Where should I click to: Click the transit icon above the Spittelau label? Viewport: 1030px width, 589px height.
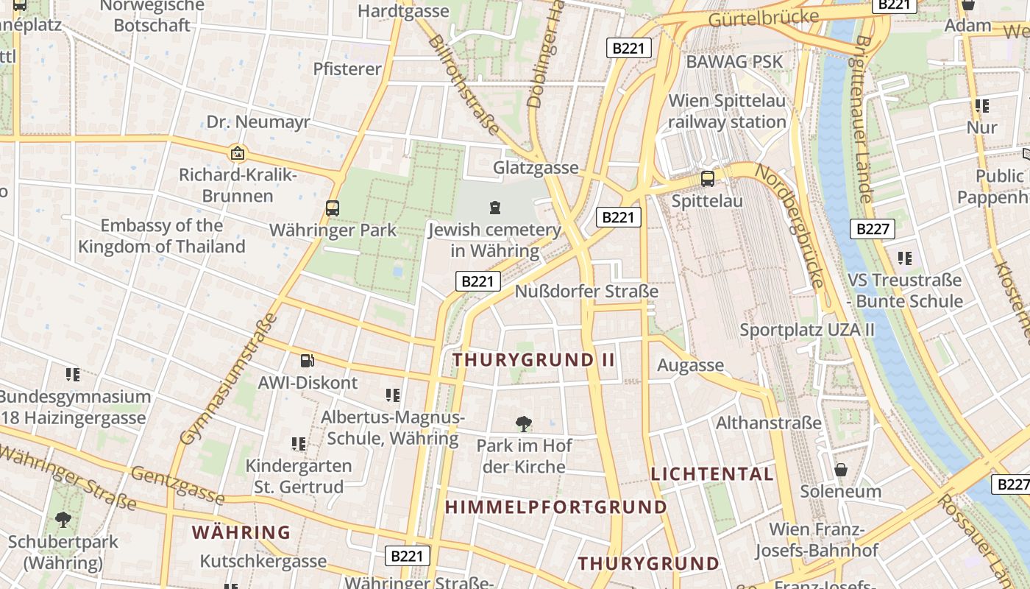click(708, 179)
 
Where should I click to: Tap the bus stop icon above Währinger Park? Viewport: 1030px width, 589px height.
click(333, 208)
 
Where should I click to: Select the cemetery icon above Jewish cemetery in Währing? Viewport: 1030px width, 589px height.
click(495, 208)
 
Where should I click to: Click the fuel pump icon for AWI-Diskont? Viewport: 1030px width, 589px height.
click(307, 361)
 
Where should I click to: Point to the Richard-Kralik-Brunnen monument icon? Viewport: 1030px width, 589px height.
click(238, 153)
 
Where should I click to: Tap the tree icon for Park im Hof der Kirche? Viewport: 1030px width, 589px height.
click(524, 424)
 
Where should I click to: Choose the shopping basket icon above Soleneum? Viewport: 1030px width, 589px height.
click(841, 470)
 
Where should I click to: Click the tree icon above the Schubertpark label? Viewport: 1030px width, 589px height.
click(63, 520)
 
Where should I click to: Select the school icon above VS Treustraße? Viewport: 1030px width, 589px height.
click(905, 258)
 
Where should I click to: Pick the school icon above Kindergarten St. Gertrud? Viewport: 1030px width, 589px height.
click(299, 444)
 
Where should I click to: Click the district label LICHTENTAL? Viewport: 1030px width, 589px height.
click(712, 474)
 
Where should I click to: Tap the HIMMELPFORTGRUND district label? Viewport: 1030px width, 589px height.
click(556, 507)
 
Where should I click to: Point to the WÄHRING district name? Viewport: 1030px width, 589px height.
click(241, 532)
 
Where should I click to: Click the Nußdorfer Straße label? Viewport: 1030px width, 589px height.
click(586, 292)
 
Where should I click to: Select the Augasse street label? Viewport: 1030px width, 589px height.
click(690, 365)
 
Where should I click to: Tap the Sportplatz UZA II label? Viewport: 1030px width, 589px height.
click(807, 330)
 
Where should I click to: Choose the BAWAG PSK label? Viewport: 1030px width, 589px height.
click(734, 62)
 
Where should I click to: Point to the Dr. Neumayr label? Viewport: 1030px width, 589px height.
click(258, 122)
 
